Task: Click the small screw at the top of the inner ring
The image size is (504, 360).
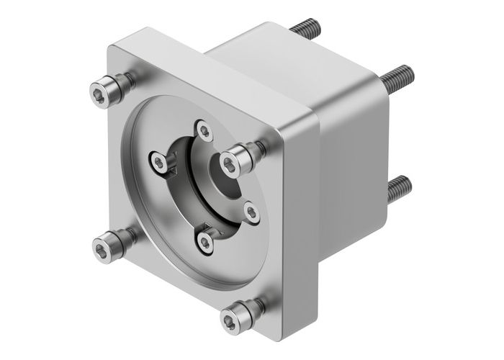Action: [x=206, y=132]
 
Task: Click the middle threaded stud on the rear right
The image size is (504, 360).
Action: [x=398, y=76]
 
